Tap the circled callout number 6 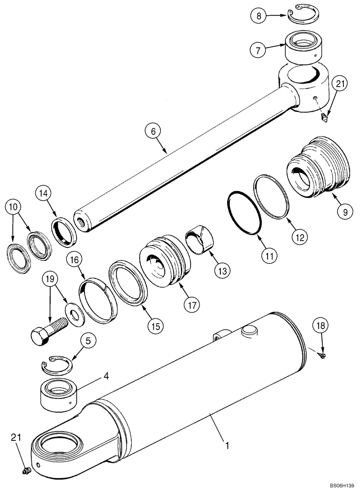point(153,131)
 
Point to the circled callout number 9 point(344,212)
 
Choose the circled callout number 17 point(191,305)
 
